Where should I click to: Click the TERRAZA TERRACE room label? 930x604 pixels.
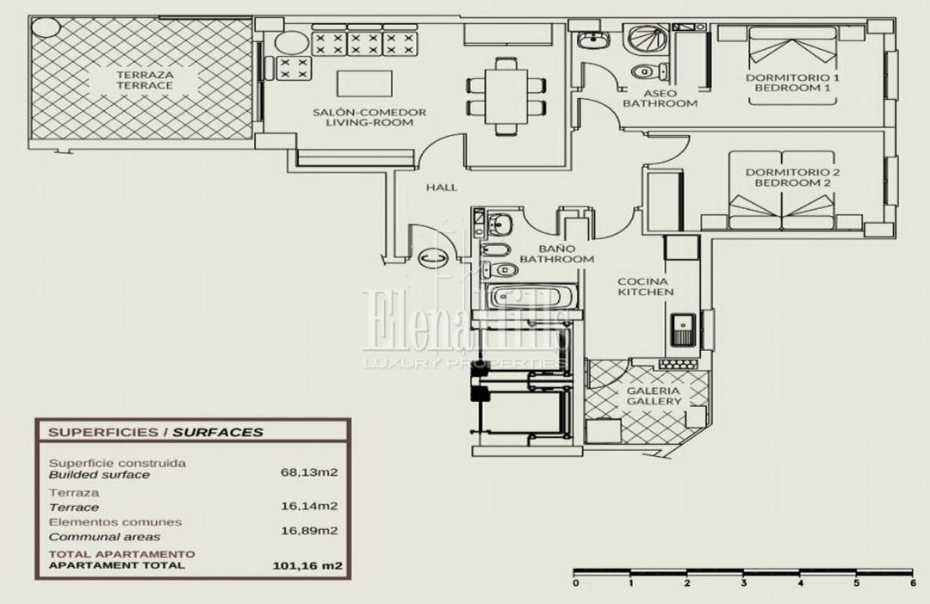(145, 80)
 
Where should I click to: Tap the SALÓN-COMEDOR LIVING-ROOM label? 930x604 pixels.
(369, 117)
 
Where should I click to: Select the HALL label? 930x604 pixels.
(442, 188)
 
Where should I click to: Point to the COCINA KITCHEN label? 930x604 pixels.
(646, 287)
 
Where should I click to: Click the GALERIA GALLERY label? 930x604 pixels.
(654, 396)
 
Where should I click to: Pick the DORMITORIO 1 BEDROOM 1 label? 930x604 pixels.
(792, 83)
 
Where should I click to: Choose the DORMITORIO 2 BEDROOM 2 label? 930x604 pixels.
(792, 178)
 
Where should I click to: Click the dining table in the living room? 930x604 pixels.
(506, 96)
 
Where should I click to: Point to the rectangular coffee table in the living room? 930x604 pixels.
(364, 83)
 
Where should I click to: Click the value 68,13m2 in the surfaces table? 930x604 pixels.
(309, 472)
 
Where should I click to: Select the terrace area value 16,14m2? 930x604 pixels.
(309, 506)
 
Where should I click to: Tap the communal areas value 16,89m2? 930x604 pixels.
(309, 531)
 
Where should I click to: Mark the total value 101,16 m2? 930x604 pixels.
(307, 565)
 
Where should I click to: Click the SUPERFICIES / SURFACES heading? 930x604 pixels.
(155, 432)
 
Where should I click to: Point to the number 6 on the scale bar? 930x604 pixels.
(913, 583)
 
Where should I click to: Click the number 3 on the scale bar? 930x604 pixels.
(744, 583)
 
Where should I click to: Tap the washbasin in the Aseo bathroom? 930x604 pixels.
(593, 40)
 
